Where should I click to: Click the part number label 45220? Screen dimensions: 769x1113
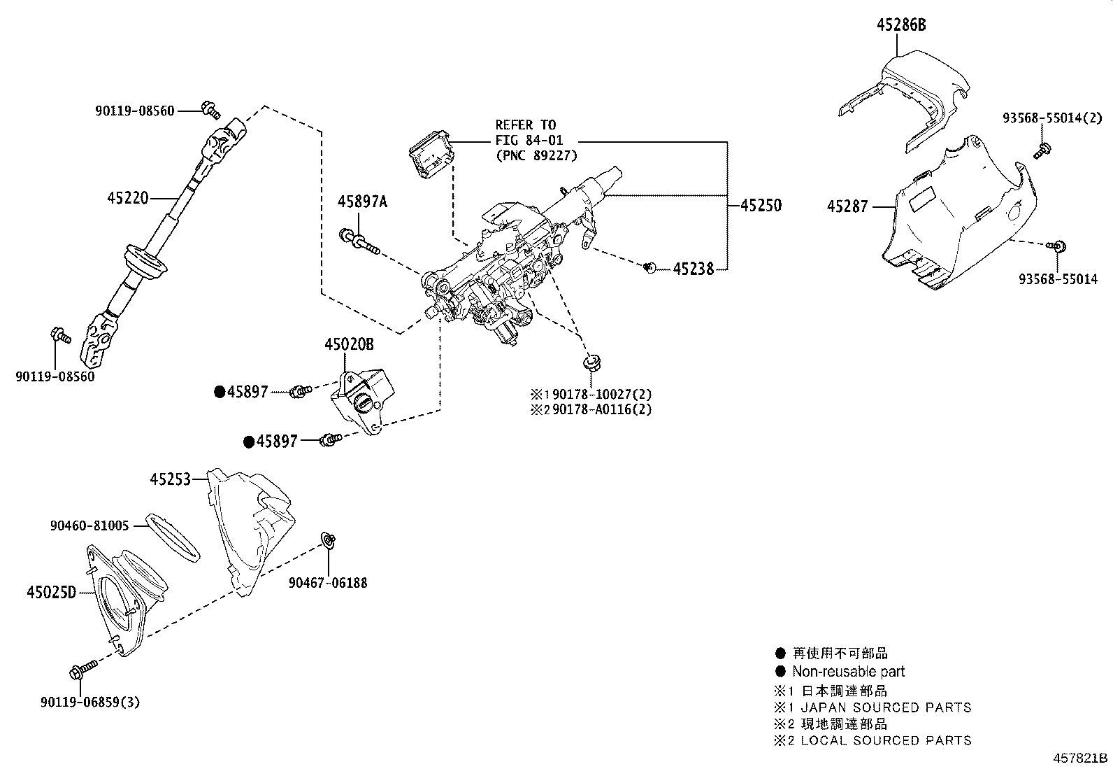(127, 198)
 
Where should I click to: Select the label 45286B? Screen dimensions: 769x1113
(901, 25)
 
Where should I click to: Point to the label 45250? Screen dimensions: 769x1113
(761, 206)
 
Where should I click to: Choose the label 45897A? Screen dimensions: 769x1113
(361, 202)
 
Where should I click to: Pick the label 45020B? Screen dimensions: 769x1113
(349, 344)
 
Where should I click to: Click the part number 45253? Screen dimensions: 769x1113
(169, 479)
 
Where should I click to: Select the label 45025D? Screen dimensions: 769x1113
(50, 593)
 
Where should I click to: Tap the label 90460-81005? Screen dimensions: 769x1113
(89, 525)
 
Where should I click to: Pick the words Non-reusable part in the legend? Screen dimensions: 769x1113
(848, 672)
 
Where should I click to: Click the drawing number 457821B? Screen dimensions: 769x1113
(1081, 759)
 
